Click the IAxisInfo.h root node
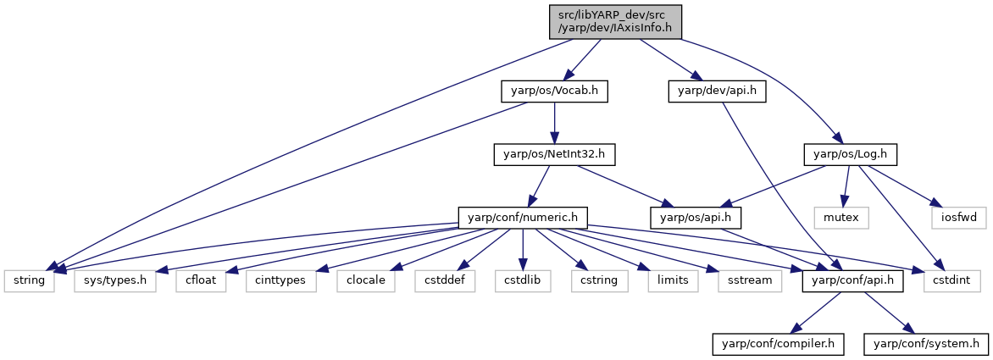pos(615,21)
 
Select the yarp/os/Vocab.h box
pos(554,92)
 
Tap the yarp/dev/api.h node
pos(717,92)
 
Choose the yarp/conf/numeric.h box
pos(523,218)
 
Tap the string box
pos(29,280)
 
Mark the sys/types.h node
pos(114,280)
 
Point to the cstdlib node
pos(523,280)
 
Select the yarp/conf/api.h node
pos(845,280)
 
